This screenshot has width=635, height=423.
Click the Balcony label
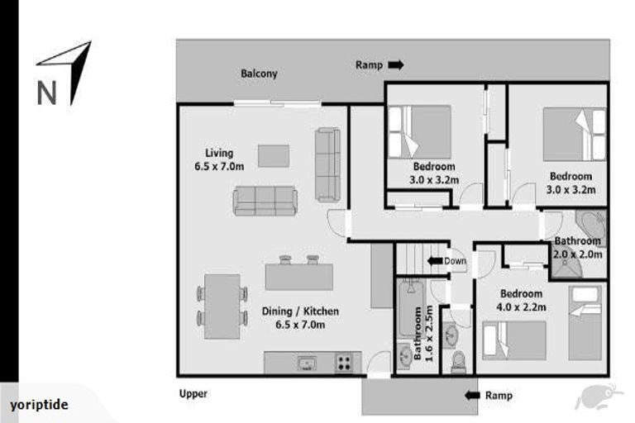pos(259,74)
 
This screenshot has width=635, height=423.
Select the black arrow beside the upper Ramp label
pos(396,64)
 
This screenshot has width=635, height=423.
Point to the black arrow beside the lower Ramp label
pos(472,396)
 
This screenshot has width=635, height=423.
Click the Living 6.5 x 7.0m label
pos(219,159)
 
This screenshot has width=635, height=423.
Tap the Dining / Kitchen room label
pos(300,317)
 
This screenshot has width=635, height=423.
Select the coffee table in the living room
pos(274,155)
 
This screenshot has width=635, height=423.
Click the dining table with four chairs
pos(222,307)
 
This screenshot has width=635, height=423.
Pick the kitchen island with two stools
pos(298,274)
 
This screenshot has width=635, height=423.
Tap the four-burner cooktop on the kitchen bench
pos(344,362)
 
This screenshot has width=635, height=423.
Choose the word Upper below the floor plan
pos(193,394)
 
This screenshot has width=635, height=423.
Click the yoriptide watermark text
pos(39,406)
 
